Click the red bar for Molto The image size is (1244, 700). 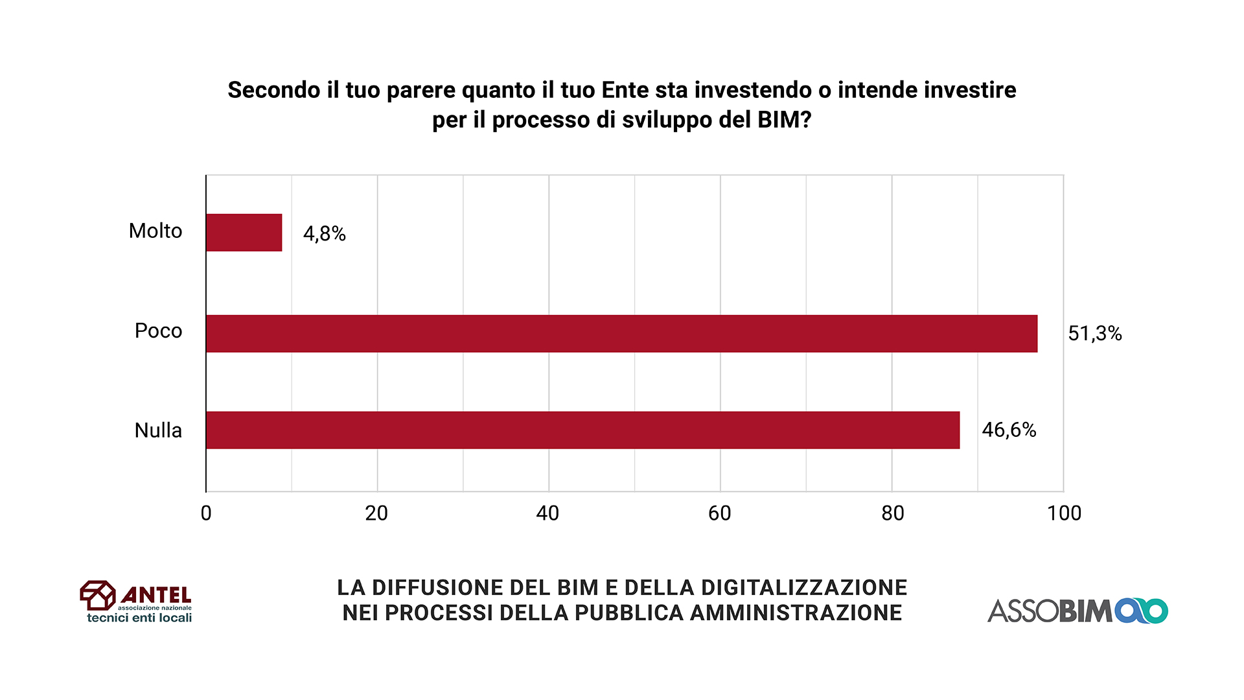[x=244, y=233]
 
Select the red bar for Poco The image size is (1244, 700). [x=622, y=334]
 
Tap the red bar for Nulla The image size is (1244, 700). [x=583, y=430]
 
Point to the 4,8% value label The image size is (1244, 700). [x=325, y=233]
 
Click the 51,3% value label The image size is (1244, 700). [x=1095, y=333]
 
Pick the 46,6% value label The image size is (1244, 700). [x=1009, y=430]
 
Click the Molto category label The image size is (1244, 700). [x=155, y=231]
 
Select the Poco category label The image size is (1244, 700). [x=158, y=331]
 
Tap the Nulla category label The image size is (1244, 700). [x=158, y=430]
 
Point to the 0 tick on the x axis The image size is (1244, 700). [x=206, y=513]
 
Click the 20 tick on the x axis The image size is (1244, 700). [x=376, y=513]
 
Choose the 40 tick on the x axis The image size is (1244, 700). [x=547, y=513]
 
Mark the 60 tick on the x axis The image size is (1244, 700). [x=720, y=513]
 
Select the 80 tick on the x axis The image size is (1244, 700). [x=892, y=513]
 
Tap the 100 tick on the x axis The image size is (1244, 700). [x=1064, y=513]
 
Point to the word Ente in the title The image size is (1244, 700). [x=625, y=90]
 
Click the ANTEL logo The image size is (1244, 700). [x=136, y=601]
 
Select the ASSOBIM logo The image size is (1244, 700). [x=1077, y=611]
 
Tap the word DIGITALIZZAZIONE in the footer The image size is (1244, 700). [x=803, y=587]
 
